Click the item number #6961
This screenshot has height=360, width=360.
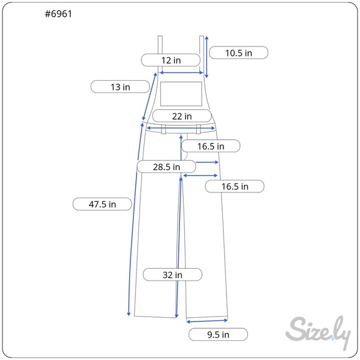pos(58,14)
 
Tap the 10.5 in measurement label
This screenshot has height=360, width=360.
pos(238,53)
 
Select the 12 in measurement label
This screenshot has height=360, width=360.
pos(171,60)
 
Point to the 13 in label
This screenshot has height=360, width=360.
pos(120,87)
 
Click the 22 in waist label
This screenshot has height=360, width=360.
pos(182,116)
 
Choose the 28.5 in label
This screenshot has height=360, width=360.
pos(166,167)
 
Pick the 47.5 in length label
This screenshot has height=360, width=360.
pos(102,204)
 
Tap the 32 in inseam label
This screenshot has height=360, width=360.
pos(173,274)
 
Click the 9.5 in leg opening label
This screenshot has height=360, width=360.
pos(218,335)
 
